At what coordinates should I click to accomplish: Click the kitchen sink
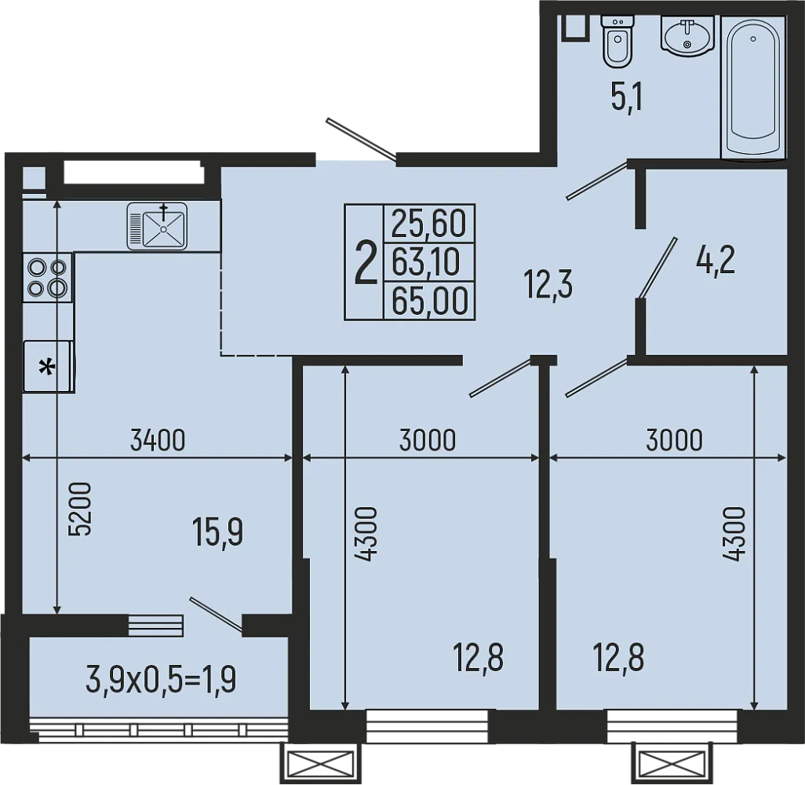point(158,226)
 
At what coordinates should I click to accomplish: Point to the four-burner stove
point(47,277)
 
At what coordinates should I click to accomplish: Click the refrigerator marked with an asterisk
point(48,366)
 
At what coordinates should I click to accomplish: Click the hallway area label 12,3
point(548,285)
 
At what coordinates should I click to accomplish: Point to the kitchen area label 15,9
point(217,534)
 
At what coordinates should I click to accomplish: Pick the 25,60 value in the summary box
point(428,225)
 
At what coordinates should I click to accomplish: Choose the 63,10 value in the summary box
point(426,262)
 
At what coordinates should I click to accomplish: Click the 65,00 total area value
point(429,300)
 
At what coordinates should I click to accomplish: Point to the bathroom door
point(598,180)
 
